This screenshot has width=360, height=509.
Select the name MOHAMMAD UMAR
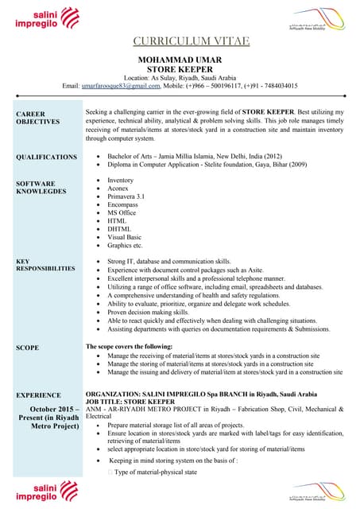[x=180, y=60]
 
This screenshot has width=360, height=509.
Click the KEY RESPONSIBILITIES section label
[x=45, y=265]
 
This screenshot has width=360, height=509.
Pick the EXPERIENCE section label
[x=39, y=394]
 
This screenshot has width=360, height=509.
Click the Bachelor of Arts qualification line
[x=194, y=157]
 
